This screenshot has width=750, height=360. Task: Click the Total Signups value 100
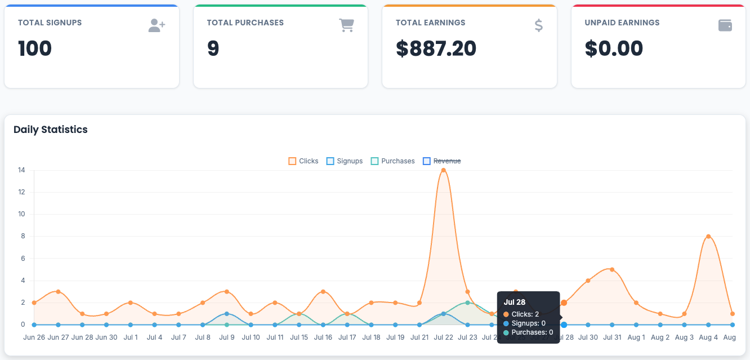click(35, 48)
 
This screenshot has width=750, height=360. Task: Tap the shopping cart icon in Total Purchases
click(346, 25)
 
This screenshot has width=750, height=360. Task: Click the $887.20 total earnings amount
click(436, 48)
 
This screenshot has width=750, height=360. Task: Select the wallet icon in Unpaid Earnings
click(725, 25)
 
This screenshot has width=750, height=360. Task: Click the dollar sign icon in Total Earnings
click(538, 25)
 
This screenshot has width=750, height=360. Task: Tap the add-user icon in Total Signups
click(157, 25)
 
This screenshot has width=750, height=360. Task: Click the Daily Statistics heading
click(51, 130)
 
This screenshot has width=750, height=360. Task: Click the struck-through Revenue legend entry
click(442, 161)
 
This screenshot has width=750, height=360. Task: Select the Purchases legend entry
click(392, 161)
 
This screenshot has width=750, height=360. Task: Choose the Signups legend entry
click(345, 161)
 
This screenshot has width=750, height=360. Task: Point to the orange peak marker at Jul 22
click(443, 170)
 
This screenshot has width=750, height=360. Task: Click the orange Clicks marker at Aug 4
click(708, 237)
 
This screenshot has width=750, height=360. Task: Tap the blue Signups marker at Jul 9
click(226, 314)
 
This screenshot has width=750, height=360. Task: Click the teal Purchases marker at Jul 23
click(467, 303)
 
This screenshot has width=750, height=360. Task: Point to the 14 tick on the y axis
click(21, 170)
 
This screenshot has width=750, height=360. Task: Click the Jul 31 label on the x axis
click(612, 337)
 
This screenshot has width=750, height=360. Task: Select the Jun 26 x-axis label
click(34, 337)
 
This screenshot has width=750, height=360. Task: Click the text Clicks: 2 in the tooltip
click(525, 314)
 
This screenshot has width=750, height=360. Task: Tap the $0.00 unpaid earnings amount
click(614, 48)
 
